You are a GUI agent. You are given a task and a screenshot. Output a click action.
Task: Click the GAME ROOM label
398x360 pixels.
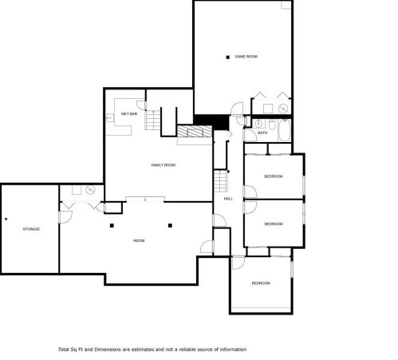pos(246,57)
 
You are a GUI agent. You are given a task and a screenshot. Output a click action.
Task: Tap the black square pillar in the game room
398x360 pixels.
pos(227,57)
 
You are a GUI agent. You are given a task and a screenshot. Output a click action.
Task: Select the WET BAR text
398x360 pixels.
pos(129,114)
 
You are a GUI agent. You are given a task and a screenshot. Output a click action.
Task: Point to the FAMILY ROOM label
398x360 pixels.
pos(164,165)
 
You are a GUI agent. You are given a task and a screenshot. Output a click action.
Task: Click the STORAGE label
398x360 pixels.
pos(31,229)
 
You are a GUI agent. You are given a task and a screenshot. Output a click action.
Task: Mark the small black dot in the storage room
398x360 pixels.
pos(6,220)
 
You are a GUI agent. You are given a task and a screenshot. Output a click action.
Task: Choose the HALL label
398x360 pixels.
pos(228,199)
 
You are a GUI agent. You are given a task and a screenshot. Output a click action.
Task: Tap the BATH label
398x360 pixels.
pos(262,133)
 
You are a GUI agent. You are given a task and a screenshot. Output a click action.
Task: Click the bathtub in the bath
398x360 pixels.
pos(284,130)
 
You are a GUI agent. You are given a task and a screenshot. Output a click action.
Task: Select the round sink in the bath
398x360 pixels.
pos(258,124)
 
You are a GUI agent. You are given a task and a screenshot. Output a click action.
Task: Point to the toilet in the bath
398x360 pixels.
pos(272,125)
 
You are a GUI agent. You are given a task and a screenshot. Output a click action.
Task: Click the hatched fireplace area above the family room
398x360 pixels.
pos(195,131)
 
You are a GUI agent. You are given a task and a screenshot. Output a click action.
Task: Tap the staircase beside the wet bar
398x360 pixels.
pos(152,120)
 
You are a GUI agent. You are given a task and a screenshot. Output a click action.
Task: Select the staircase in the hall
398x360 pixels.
pos(221,181)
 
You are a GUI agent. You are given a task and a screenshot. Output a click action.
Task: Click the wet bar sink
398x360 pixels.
pos(109,117)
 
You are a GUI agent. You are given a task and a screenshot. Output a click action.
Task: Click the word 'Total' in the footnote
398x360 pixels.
pos(64,350)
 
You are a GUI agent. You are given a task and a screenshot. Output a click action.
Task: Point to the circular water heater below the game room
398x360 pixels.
pos(283,109)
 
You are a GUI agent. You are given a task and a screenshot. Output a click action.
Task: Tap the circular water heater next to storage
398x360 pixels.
pos(90,190)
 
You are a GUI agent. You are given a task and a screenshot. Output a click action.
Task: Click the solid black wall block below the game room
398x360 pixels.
pos(211,121)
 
